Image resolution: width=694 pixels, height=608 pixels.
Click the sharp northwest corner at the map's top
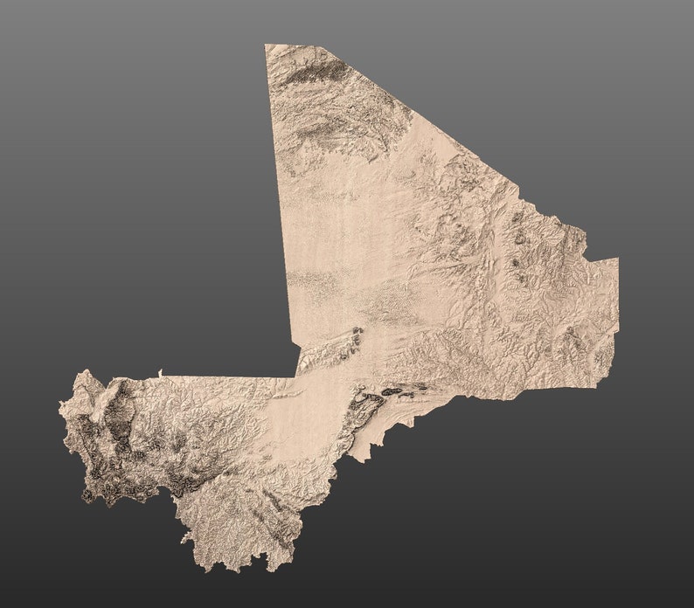coord(266,45)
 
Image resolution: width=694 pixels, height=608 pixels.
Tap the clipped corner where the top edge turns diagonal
coord(321,47)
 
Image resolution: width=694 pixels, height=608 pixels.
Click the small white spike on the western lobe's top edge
coord(160,374)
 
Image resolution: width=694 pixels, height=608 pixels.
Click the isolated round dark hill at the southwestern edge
coord(87,495)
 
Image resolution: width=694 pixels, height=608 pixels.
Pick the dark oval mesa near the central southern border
coord(391,391)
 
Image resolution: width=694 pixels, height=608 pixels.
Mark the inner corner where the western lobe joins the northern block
coord(295,377)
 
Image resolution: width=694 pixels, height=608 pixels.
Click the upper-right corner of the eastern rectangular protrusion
coord(618,259)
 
